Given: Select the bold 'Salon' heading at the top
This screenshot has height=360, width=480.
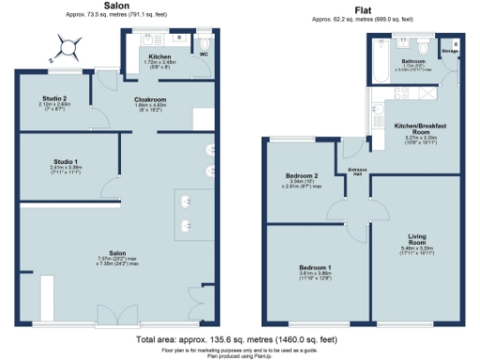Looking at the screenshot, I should tap(115, 6).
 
